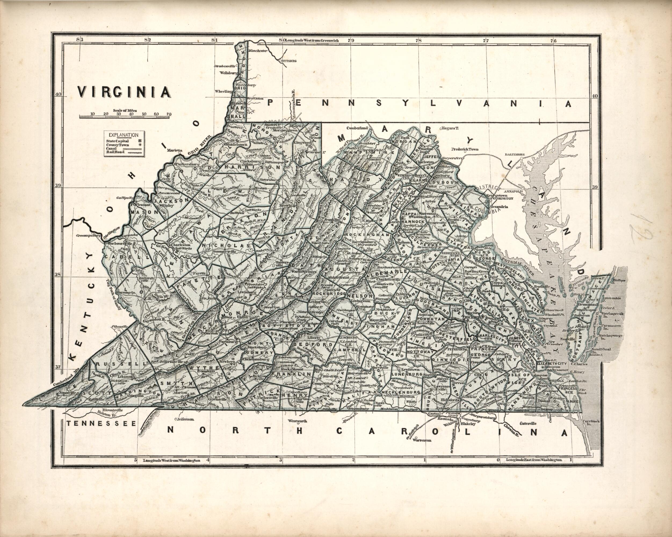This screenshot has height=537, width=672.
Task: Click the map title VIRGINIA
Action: pos(124,92)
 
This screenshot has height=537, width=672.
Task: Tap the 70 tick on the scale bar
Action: pos(169,114)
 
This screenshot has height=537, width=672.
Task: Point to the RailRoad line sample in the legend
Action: pos(133,152)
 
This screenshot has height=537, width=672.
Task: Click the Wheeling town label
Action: pos(223,91)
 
